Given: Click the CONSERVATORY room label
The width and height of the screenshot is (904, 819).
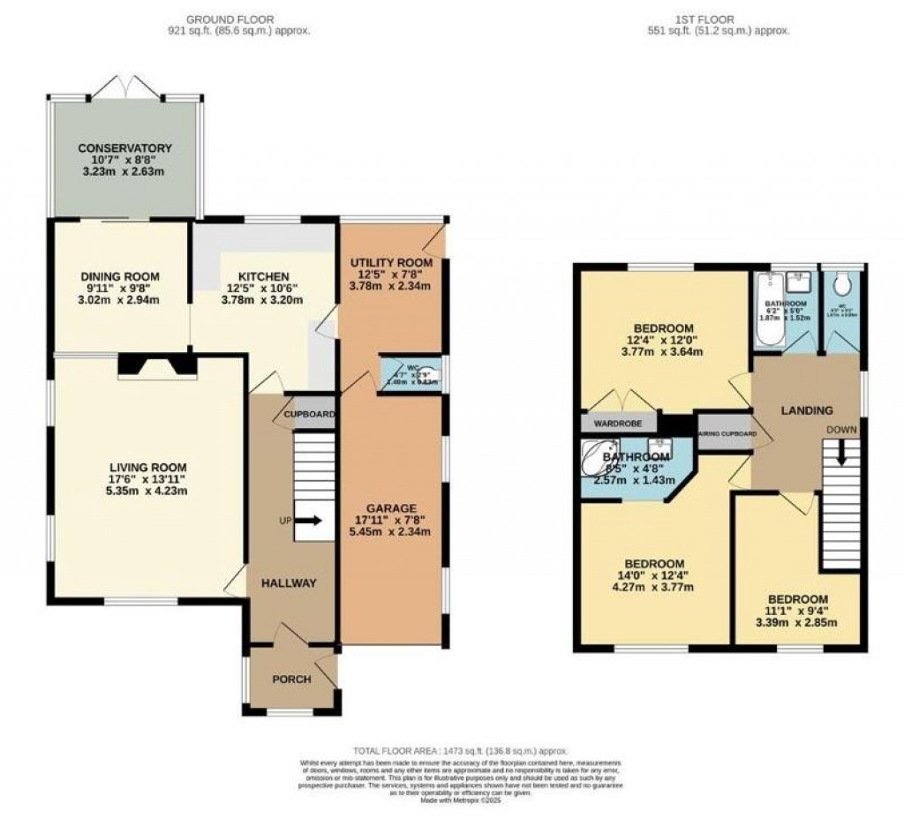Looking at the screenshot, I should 124,147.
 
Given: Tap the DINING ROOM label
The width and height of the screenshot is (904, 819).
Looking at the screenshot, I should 119,275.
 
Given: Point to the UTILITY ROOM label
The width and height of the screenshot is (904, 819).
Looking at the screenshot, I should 390,262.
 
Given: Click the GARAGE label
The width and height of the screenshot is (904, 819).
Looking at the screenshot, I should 390,507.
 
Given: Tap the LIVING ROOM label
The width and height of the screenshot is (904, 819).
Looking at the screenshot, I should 147,467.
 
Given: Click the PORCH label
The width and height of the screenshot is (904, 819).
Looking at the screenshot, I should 290,680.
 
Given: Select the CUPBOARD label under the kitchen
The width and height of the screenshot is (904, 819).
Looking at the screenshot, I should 309,414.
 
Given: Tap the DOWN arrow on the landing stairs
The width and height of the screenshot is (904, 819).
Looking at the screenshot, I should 841,450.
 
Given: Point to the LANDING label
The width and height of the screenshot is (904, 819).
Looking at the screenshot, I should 807,409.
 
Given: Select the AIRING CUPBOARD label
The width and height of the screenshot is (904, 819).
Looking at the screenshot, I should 727,433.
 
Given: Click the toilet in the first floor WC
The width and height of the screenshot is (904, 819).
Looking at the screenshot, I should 841,285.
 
